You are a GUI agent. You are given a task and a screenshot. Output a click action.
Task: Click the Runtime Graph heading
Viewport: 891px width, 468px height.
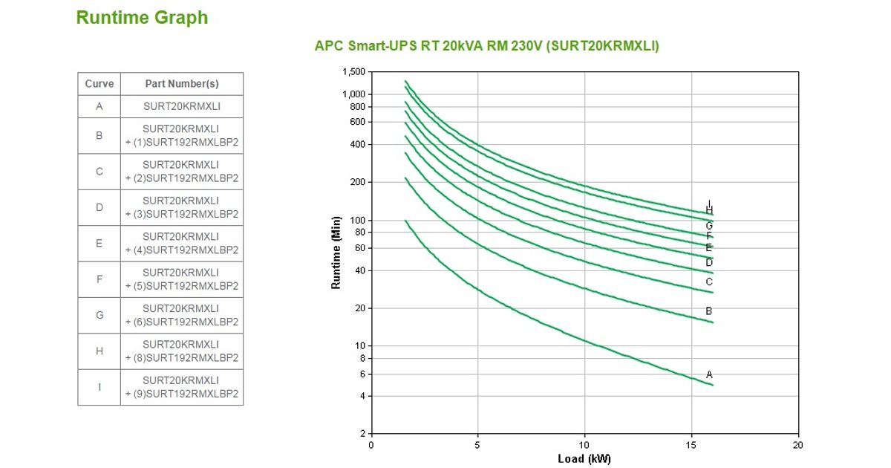click(x=142, y=18)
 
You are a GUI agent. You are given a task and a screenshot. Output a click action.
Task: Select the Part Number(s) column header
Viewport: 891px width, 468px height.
click(x=182, y=84)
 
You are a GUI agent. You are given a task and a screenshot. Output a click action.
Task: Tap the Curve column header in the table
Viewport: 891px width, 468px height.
click(x=99, y=84)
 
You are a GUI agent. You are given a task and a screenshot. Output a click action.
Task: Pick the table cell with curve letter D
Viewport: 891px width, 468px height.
click(x=99, y=207)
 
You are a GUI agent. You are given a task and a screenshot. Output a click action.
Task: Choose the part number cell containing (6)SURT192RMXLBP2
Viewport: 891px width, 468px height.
click(x=182, y=315)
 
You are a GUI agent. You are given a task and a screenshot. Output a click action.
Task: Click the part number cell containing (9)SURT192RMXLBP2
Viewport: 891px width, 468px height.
click(x=182, y=387)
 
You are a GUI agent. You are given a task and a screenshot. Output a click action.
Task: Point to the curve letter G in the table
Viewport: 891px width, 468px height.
click(x=99, y=315)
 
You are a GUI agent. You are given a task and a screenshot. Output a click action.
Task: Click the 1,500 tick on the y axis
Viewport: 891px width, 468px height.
click(x=354, y=72)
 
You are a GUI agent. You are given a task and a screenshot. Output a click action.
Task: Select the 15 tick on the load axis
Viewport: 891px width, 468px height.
click(x=691, y=444)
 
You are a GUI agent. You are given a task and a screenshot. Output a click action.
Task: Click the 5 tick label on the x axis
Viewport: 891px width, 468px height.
click(x=477, y=444)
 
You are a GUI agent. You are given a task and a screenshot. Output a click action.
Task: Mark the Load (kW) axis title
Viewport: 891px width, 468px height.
click(x=584, y=459)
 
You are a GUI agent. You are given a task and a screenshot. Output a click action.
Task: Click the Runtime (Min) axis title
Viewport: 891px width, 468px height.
click(x=336, y=253)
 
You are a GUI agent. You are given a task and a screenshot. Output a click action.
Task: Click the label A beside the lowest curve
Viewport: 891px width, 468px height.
click(x=709, y=374)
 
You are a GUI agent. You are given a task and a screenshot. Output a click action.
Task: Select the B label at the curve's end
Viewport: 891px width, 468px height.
click(x=709, y=311)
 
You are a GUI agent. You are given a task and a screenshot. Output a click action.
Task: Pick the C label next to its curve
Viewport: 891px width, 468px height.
click(x=709, y=282)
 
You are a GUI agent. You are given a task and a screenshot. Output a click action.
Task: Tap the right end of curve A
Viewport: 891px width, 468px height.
click(x=713, y=385)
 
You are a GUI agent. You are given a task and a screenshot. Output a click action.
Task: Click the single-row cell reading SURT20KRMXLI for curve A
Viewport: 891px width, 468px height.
click(x=182, y=106)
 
